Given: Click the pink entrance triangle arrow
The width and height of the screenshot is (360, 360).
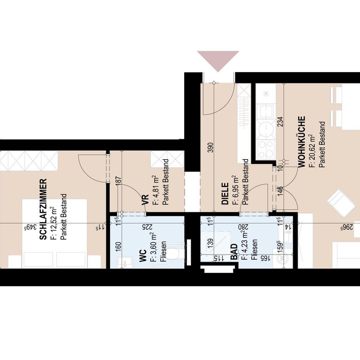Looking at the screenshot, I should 218,60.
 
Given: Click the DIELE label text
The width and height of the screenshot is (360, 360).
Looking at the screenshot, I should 225,194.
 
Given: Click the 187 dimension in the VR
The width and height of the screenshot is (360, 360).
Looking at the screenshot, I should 118,181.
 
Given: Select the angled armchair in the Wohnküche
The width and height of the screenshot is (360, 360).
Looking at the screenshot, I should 340,202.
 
